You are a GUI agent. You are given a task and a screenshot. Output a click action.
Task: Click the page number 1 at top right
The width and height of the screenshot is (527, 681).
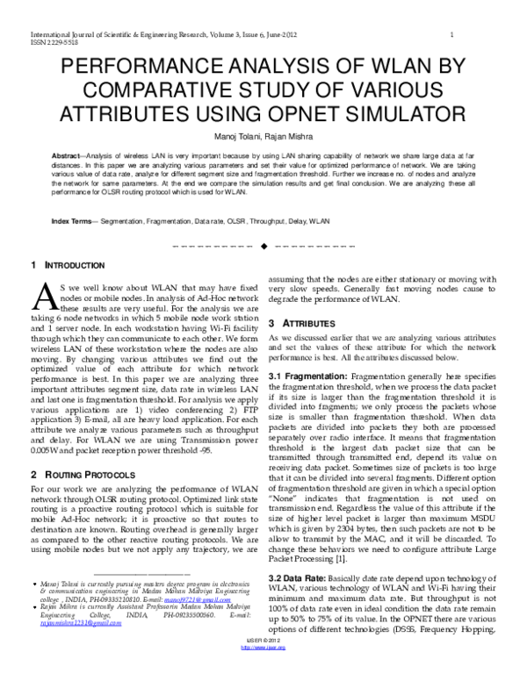pyautogui.click(x=451, y=34)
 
